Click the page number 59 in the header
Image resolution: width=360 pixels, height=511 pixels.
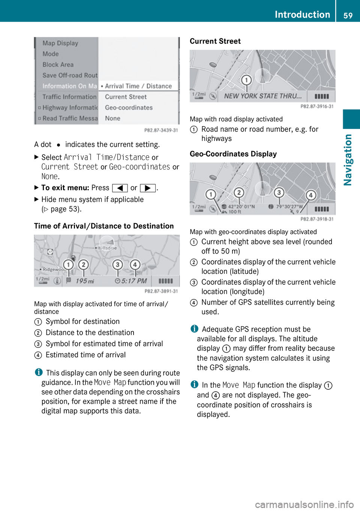click(x=348, y=15)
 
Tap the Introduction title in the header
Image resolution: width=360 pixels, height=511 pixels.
click(x=302, y=14)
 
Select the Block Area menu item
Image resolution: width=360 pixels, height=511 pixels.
click(x=58, y=65)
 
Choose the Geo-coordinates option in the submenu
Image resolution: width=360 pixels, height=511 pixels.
click(x=129, y=108)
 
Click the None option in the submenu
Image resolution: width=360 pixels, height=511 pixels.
click(x=112, y=119)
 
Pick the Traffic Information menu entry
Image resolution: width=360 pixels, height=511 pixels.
click(x=69, y=97)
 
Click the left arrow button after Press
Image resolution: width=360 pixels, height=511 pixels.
click(x=120, y=188)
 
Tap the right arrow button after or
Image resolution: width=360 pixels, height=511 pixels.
click(x=147, y=188)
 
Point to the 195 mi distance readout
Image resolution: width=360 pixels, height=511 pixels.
click(x=85, y=281)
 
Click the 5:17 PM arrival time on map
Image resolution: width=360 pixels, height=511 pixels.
click(x=134, y=281)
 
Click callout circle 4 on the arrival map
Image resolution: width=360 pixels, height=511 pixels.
click(x=135, y=265)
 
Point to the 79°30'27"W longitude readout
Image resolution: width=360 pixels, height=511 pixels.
click(x=289, y=206)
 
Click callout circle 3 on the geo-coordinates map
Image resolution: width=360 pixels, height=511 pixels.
click(x=279, y=192)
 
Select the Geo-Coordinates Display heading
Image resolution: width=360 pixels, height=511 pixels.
click(x=233, y=154)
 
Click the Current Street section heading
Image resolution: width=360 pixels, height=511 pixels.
click(x=215, y=41)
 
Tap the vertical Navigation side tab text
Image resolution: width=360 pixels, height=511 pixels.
click(x=348, y=160)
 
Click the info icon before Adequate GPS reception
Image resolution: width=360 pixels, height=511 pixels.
click(x=194, y=329)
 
